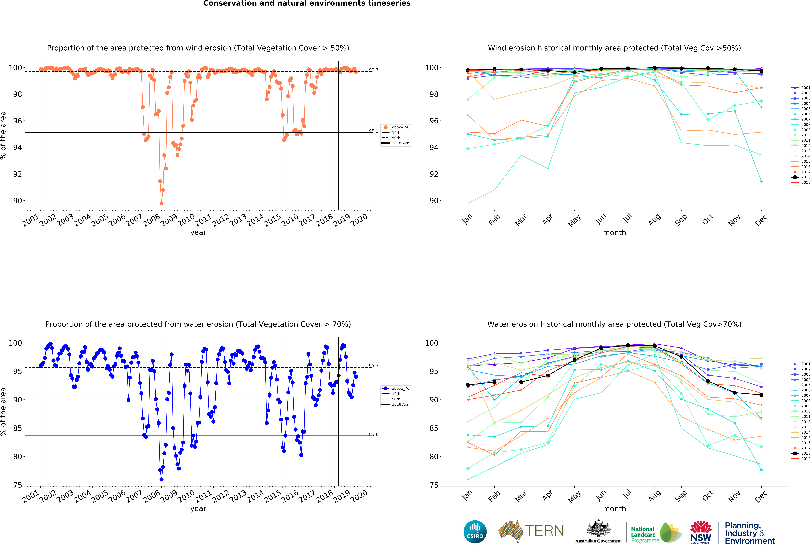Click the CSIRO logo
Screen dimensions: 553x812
click(475, 532)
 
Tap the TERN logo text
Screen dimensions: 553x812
click(544, 531)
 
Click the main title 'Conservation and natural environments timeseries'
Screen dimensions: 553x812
click(307, 3)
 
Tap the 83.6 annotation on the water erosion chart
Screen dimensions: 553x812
click(373, 434)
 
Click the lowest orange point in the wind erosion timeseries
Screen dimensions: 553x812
click(161, 203)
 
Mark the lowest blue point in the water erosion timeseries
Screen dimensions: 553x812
click(161, 479)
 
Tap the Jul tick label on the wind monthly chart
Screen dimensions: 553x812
click(628, 219)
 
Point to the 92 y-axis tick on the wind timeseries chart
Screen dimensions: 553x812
click(17, 174)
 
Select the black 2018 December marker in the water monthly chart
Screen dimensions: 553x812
click(761, 395)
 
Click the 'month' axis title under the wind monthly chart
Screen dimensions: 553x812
click(614, 232)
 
